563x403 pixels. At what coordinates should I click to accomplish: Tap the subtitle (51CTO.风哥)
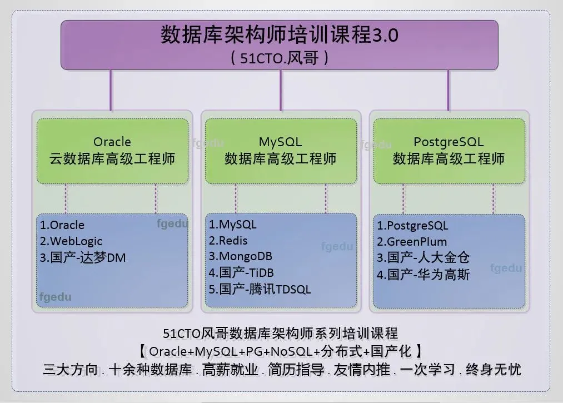click(x=280, y=58)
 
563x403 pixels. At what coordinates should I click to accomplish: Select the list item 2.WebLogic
click(x=71, y=241)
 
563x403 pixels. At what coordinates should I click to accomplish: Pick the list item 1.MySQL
click(x=233, y=225)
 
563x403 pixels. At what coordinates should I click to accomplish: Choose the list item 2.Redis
click(x=228, y=241)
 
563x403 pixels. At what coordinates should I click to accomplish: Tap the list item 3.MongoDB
click(x=240, y=257)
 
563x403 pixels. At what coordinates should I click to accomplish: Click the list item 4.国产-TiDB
click(x=241, y=273)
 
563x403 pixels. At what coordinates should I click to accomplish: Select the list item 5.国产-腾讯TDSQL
click(x=260, y=289)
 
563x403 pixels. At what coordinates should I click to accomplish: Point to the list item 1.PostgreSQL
click(x=412, y=226)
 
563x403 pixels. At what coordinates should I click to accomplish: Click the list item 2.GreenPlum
click(x=412, y=242)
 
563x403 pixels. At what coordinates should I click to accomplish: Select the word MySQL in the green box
click(x=281, y=142)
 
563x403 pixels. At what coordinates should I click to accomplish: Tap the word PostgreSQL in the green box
click(x=449, y=142)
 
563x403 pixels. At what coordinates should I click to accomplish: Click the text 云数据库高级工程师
click(x=112, y=159)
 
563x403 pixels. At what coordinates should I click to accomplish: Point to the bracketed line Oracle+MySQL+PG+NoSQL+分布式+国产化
click(x=281, y=351)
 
